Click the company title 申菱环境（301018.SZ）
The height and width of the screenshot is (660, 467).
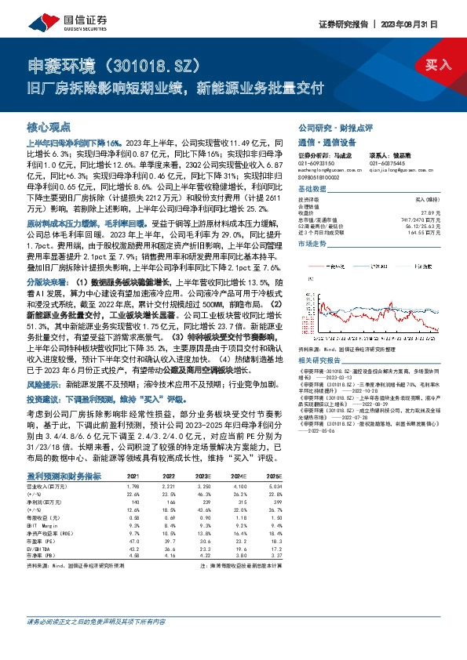click(110, 63)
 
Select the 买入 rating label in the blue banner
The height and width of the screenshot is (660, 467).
click(436, 65)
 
